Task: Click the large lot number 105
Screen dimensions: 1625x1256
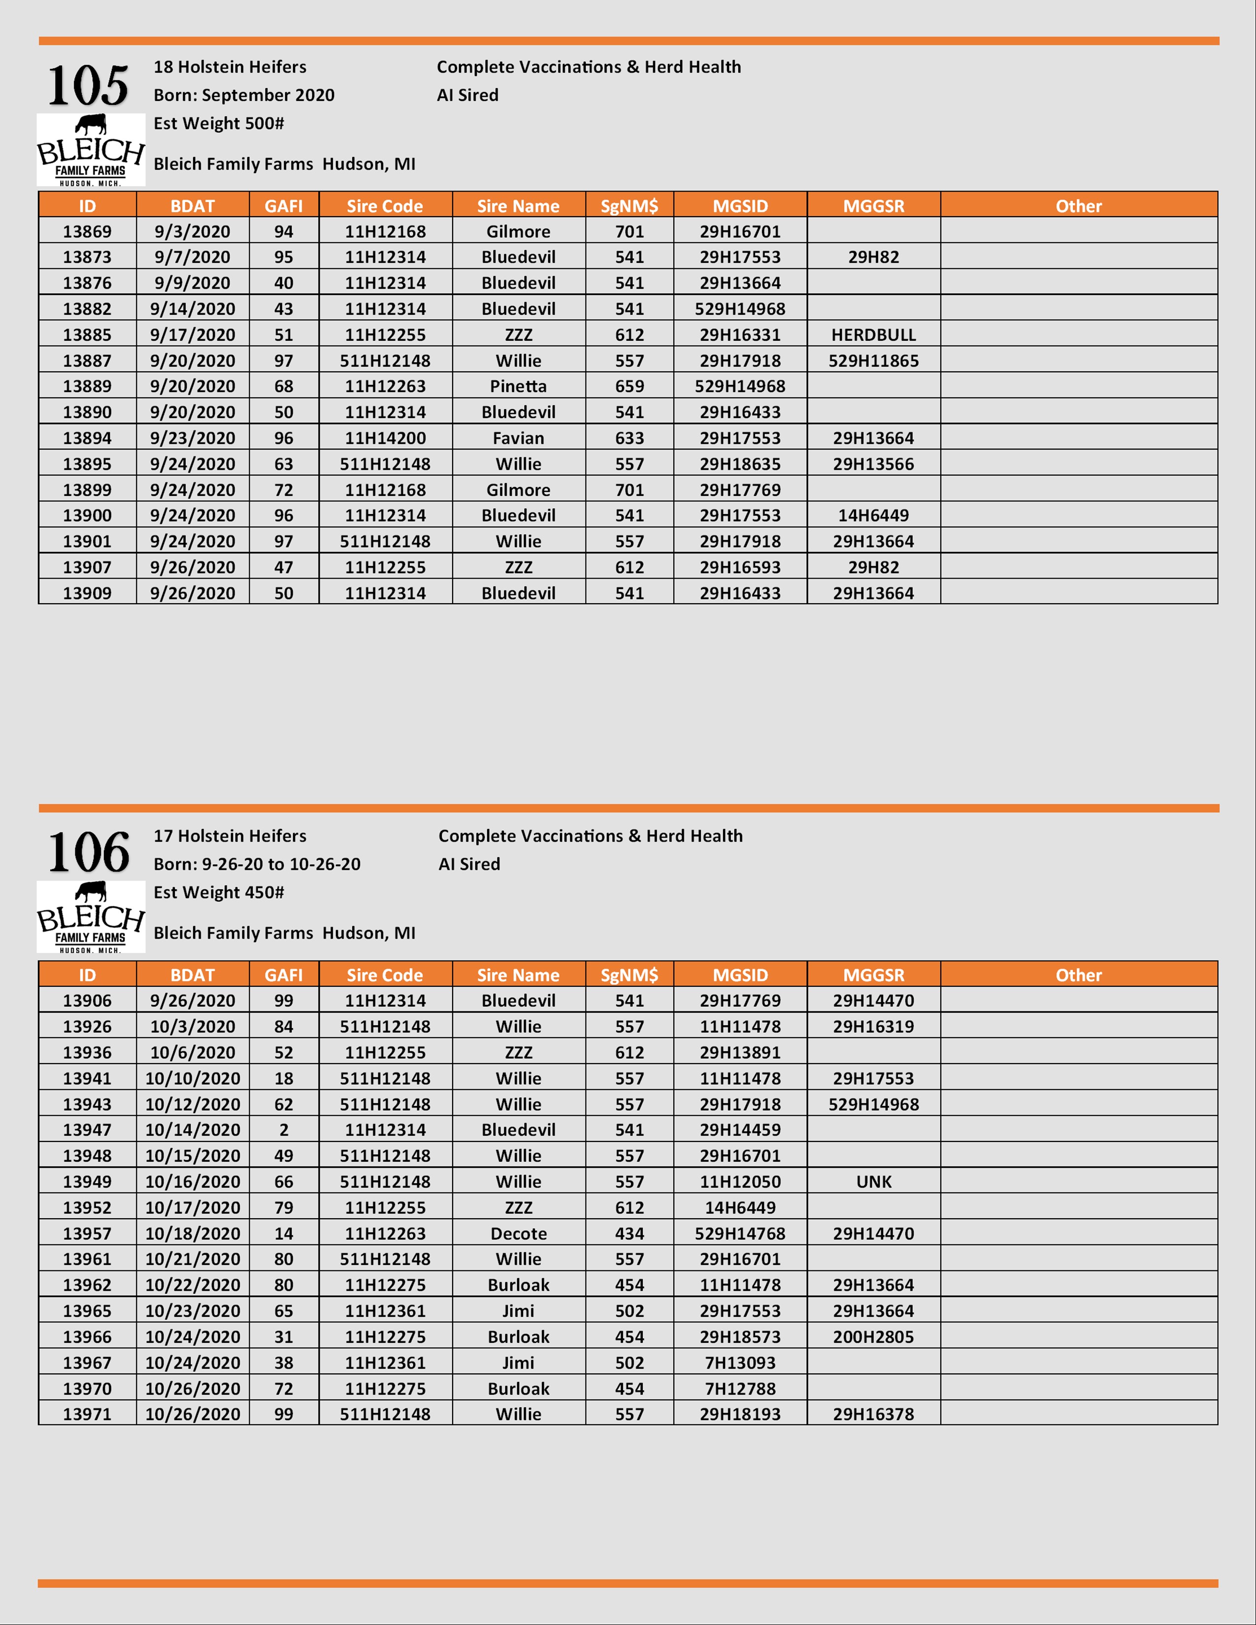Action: point(88,86)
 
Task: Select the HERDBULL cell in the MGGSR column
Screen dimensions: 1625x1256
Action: point(874,335)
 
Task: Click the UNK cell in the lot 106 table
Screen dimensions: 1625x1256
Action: point(874,1181)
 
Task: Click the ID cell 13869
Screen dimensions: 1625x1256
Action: point(87,231)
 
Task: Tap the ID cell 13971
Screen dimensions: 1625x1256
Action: point(87,1414)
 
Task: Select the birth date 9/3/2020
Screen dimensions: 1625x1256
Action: point(192,231)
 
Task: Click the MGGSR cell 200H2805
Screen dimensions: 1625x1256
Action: point(874,1337)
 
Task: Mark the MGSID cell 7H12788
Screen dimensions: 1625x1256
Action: point(740,1389)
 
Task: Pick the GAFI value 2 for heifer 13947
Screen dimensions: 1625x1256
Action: point(284,1130)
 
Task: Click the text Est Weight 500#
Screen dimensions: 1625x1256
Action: point(219,124)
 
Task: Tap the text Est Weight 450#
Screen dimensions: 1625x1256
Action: point(219,892)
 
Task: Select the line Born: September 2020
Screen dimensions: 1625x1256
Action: point(244,95)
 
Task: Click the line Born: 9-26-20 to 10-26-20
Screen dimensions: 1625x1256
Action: point(257,864)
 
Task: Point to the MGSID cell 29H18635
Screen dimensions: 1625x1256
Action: point(740,464)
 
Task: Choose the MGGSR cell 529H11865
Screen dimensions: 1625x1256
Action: point(874,361)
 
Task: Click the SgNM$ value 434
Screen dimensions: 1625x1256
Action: point(629,1234)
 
